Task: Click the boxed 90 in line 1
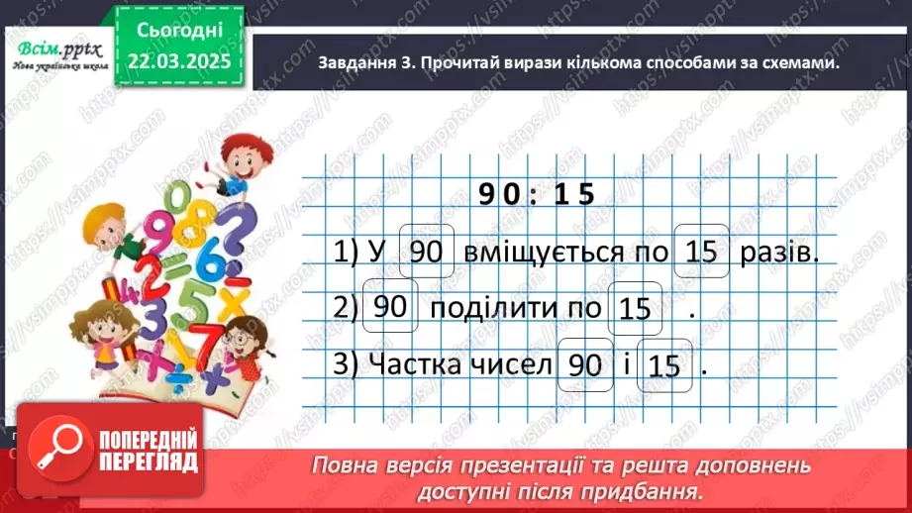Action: [426, 253]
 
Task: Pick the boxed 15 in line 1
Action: [701, 253]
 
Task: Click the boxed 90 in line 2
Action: [392, 307]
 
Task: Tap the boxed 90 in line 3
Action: [585, 364]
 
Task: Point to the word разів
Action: [779, 254]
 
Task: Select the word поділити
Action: [481, 308]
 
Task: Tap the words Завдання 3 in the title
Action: [363, 62]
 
